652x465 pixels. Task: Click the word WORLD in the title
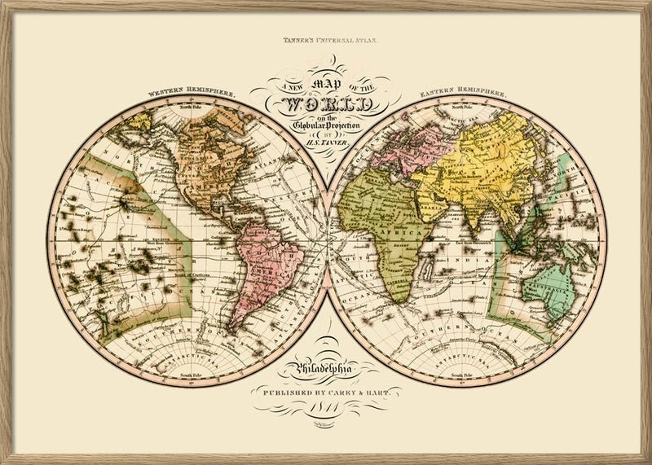[x=326, y=104]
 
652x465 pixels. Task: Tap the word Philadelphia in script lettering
[x=326, y=373]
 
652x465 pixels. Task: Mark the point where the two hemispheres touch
[x=327, y=241]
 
